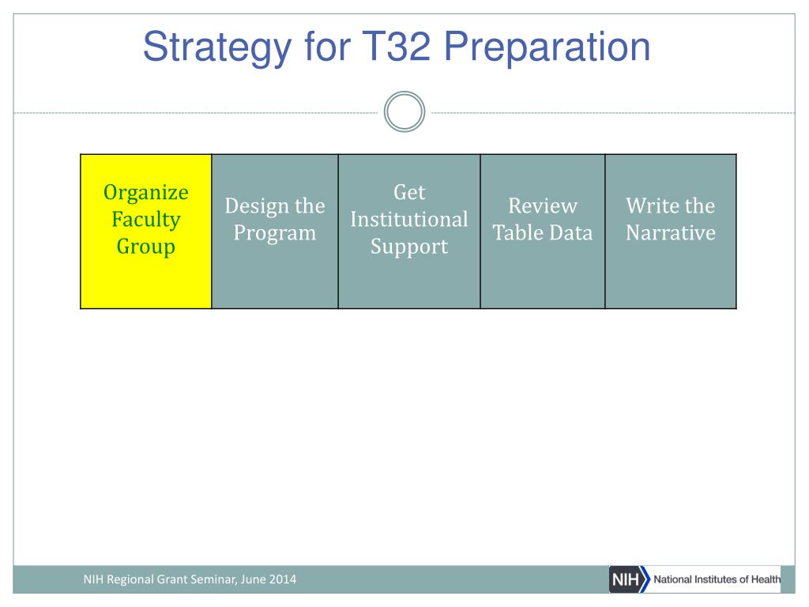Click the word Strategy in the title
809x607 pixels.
click(217, 48)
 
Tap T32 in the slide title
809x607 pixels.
click(397, 46)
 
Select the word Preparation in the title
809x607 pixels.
click(547, 48)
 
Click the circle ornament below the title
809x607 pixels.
click(404, 111)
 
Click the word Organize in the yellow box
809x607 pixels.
click(146, 193)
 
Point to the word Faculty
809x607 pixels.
click(146, 220)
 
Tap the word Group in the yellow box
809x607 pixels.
click(146, 247)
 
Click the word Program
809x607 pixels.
click(275, 233)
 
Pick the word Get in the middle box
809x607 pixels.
click(410, 192)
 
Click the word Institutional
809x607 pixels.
click(409, 220)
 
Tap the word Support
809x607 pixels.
click(409, 247)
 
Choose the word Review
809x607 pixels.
click(543, 206)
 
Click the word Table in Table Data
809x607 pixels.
click(517, 233)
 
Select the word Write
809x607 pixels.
click(652, 206)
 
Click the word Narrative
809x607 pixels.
click(671, 233)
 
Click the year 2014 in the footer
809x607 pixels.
click(283, 579)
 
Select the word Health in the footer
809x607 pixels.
click(766, 579)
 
